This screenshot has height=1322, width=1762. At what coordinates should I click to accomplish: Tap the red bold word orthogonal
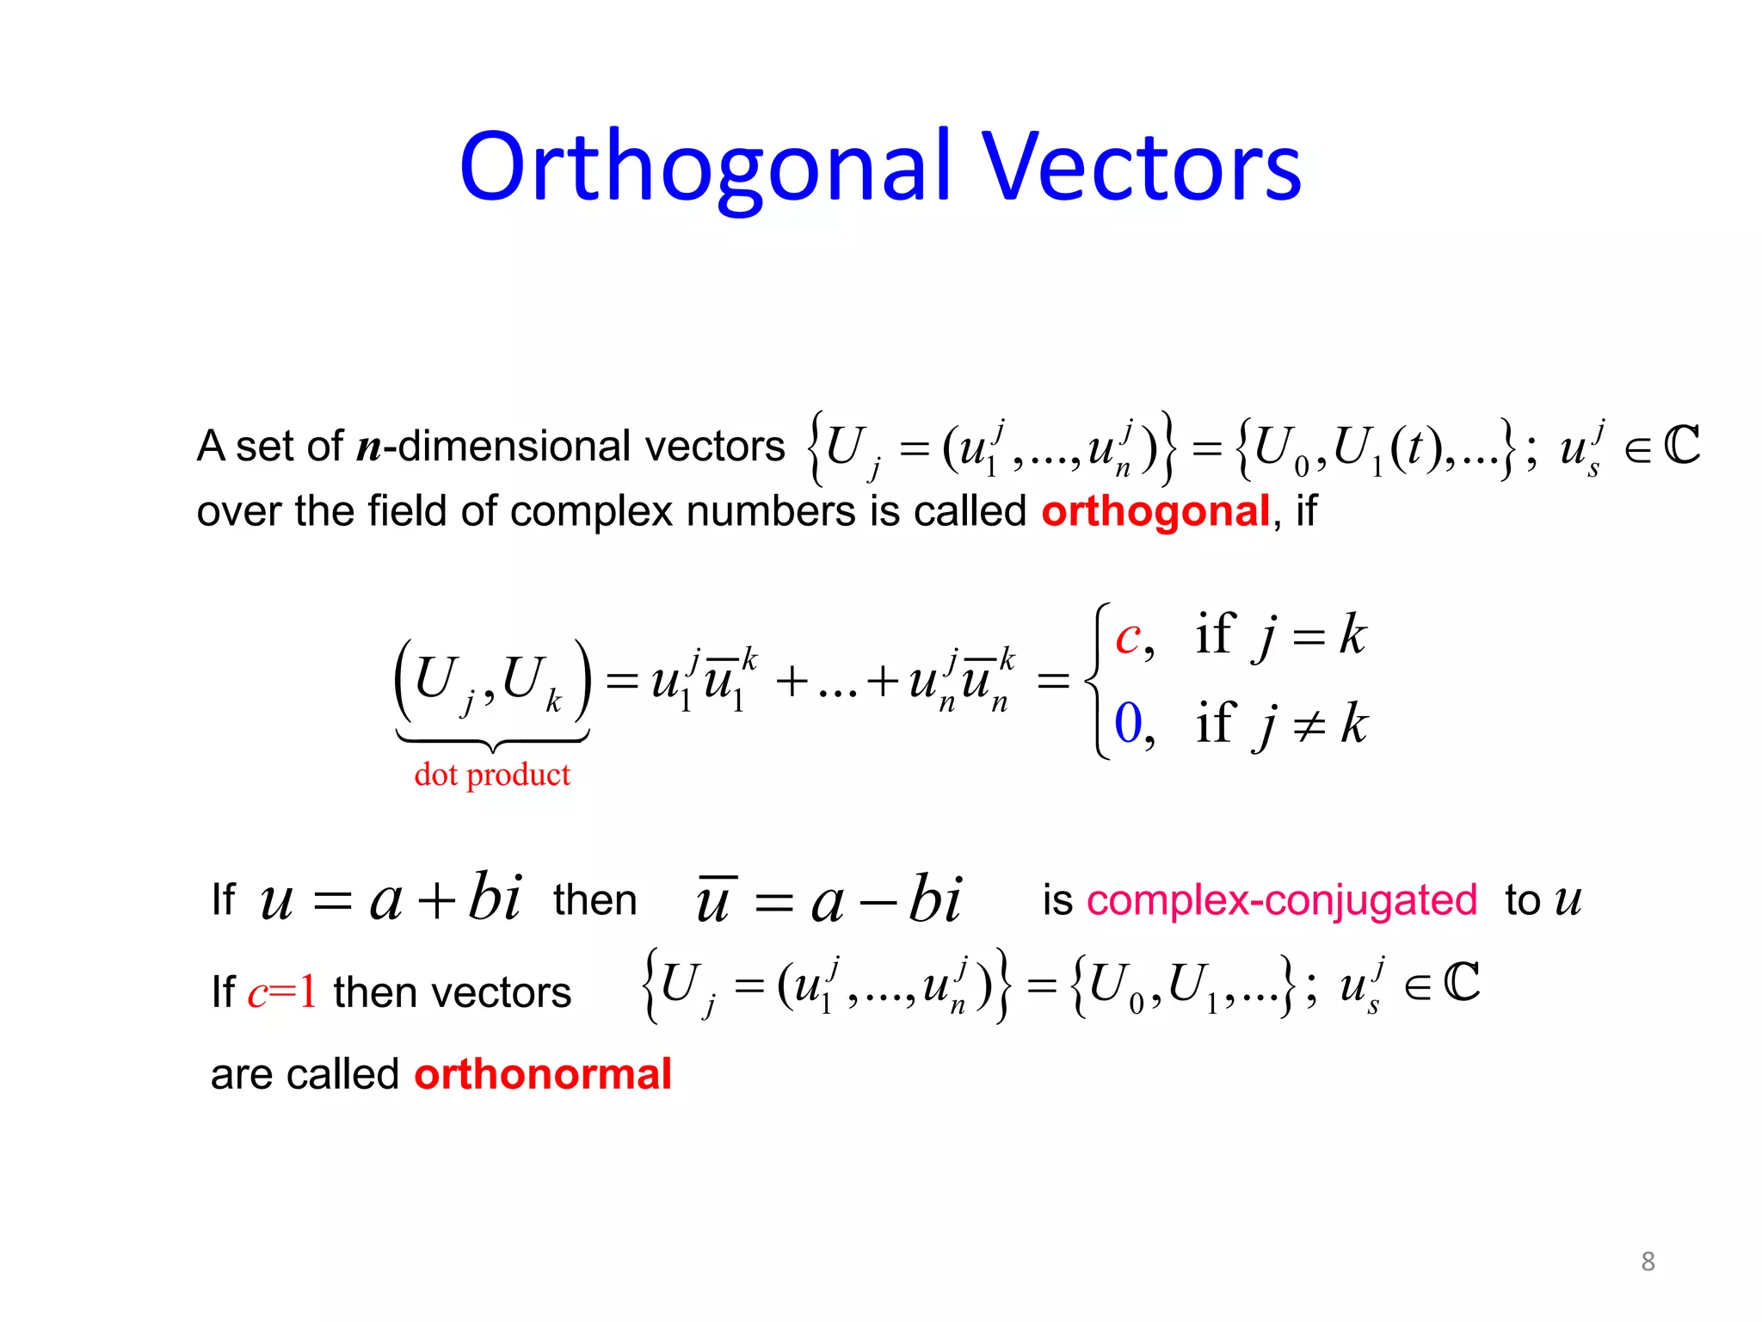point(1155,511)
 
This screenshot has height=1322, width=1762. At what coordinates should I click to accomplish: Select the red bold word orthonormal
point(542,1074)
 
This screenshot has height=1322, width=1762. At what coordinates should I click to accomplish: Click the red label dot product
point(492,775)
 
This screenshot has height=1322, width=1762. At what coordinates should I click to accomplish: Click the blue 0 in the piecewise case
point(1128,723)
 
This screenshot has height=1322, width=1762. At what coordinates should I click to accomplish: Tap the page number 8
point(1648,1262)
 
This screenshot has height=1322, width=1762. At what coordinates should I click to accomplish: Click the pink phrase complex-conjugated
point(1282,900)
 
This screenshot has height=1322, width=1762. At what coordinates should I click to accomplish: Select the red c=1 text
point(282,991)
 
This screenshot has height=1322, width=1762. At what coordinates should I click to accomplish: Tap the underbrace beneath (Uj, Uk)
point(492,739)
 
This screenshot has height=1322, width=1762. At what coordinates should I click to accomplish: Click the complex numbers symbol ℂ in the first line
point(1681,446)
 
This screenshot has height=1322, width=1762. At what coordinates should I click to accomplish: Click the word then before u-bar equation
point(595,900)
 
